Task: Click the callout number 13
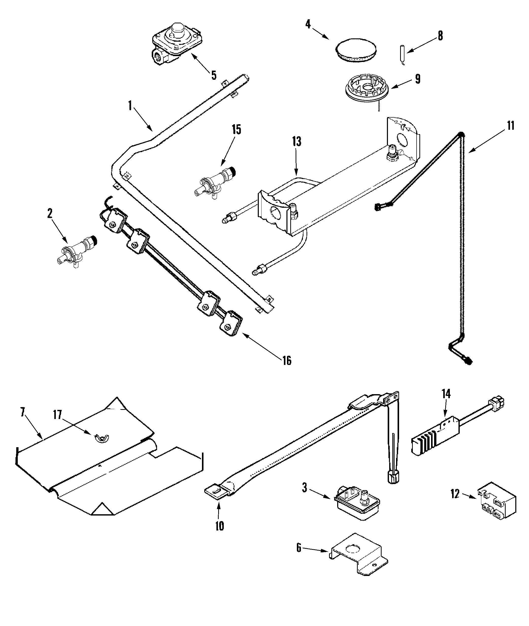pos(297,142)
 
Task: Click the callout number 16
pos(287,360)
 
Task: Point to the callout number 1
pos(130,106)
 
